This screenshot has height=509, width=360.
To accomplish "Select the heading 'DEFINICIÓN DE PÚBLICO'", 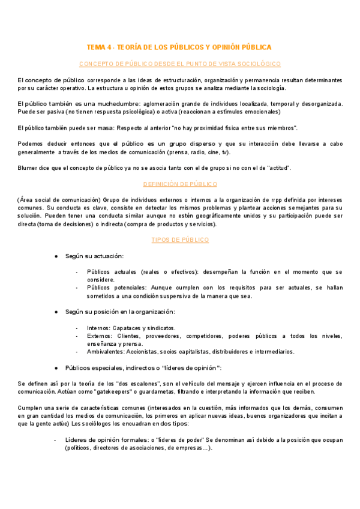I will coord(179,184).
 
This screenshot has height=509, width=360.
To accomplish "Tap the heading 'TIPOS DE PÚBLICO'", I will coord(179,239).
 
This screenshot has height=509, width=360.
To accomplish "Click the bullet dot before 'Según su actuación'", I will coord(56,256).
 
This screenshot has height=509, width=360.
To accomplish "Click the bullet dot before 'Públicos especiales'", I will coord(56,367).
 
